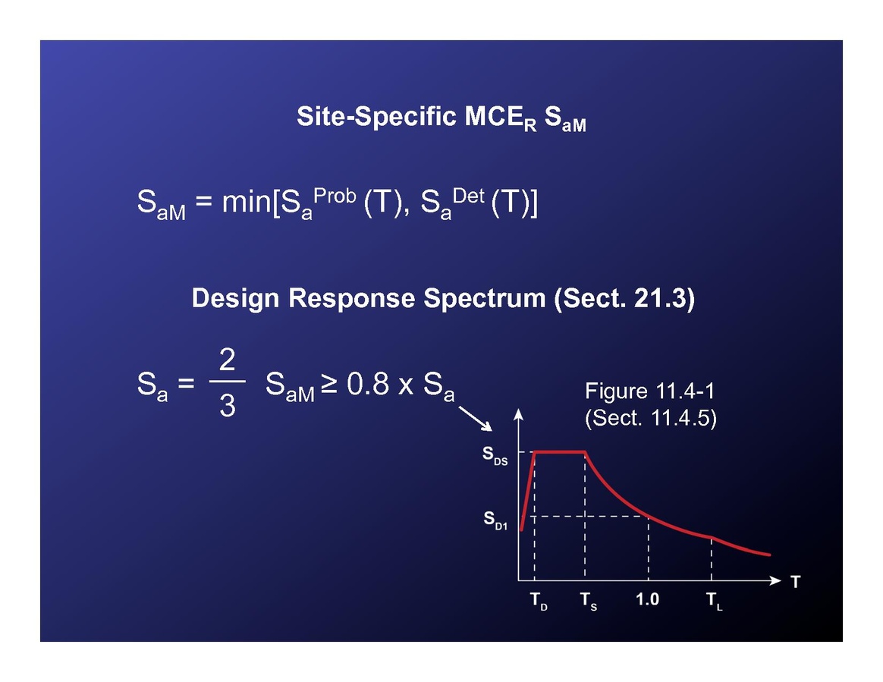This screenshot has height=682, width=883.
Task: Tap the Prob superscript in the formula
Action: tap(335, 196)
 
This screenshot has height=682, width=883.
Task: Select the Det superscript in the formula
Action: tap(468, 196)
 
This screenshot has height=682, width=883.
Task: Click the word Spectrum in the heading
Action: tap(484, 298)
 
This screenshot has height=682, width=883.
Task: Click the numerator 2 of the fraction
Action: tap(227, 360)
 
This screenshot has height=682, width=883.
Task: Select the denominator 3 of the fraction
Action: tap(227, 406)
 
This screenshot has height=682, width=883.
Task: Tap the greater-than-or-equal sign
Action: tap(329, 384)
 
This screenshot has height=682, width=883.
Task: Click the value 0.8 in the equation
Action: tap(368, 384)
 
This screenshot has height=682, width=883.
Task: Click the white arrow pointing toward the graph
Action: tap(476, 419)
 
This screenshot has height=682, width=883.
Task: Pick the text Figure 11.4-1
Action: tap(649, 391)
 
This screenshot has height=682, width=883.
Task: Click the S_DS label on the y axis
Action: tap(495, 455)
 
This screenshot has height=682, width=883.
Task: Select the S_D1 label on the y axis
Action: tap(495, 520)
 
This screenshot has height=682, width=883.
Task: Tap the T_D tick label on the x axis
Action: tap(539, 601)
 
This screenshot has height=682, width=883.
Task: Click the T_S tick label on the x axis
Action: tap(589, 601)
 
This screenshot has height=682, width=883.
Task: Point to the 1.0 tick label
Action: tap(648, 599)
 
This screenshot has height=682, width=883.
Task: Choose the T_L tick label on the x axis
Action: tap(715, 601)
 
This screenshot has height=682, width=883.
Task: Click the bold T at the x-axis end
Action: tap(795, 582)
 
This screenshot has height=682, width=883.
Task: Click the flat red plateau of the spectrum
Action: tap(560, 451)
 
